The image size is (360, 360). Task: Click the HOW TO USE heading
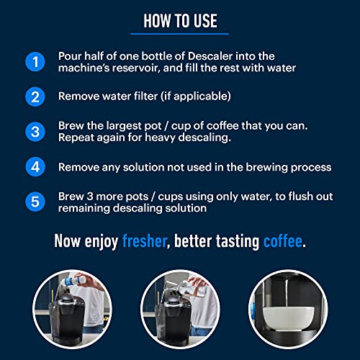pos(180,19)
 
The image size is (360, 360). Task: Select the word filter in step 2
pos(155,96)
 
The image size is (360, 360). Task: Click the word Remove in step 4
pos(81,167)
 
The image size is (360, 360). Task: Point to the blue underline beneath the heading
pos(180,33)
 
